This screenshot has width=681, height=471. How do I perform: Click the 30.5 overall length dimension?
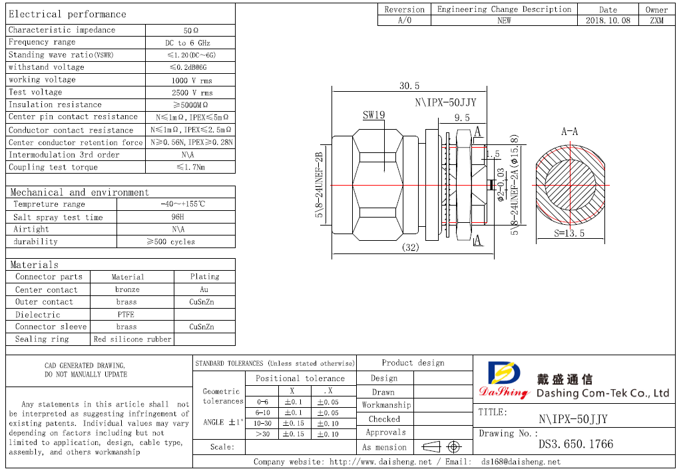tap(409, 86)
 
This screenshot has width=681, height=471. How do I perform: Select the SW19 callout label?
tap(373, 115)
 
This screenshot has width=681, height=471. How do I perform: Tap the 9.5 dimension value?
tap(461, 118)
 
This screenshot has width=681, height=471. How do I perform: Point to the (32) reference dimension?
tap(411, 247)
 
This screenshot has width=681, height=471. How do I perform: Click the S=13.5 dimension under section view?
tap(569, 234)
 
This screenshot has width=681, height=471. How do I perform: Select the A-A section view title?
tap(569, 132)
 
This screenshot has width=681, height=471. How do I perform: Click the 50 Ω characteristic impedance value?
tap(190, 31)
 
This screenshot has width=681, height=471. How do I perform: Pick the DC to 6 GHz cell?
tap(190, 43)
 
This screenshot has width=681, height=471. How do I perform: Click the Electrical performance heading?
tap(67, 14)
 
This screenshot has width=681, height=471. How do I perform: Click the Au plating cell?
tap(204, 289)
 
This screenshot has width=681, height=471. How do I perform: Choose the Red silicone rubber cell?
tap(132, 339)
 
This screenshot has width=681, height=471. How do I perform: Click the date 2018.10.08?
tap(607, 21)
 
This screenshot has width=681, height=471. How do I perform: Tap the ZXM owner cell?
tap(656, 21)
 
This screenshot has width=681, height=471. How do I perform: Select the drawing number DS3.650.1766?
tap(576, 444)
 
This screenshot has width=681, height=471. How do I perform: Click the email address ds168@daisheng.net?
tap(521, 462)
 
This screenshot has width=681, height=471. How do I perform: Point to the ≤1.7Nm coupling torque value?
tap(190, 168)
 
